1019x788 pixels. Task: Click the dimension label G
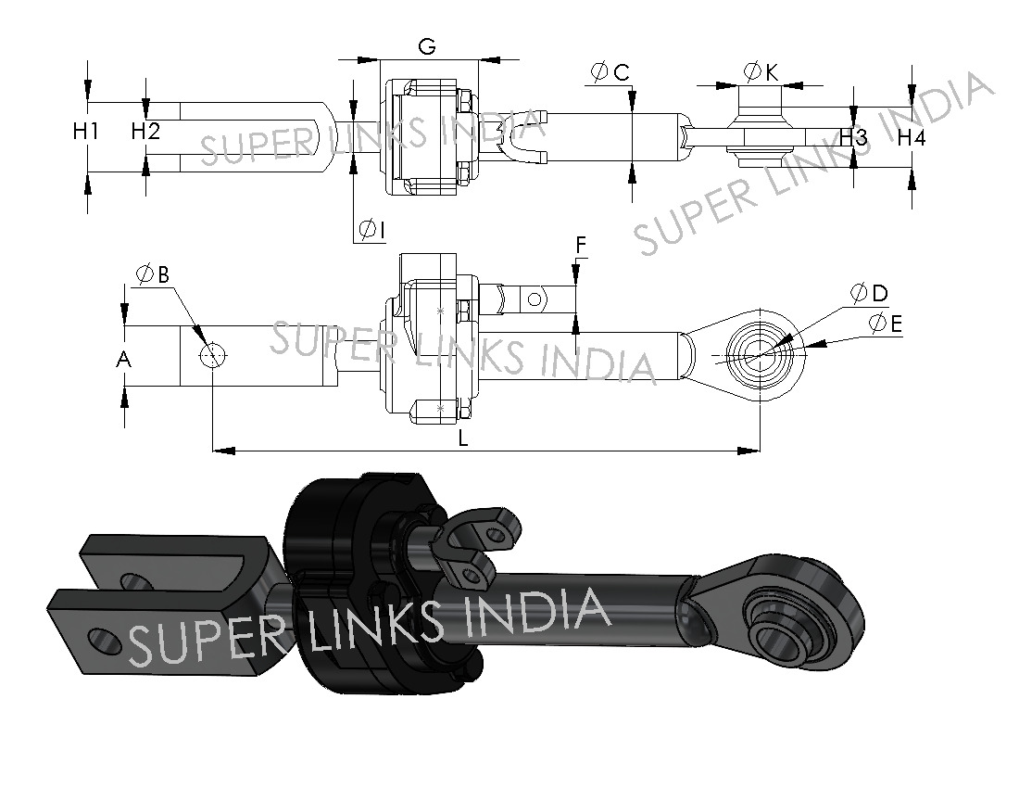[x=427, y=47]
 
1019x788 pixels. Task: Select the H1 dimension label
[x=86, y=132]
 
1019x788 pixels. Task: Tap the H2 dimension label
[x=145, y=132]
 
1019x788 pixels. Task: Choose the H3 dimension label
[x=854, y=138]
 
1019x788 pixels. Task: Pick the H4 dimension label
[x=912, y=138]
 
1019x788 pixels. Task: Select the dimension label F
[x=581, y=244]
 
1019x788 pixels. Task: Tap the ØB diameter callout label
[x=152, y=274]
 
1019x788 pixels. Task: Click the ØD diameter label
[x=870, y=294]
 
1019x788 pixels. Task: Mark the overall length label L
[x=463, y=438]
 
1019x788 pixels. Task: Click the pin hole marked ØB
[x=213, y=355]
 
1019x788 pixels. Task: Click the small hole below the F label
[x=534, y=299]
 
